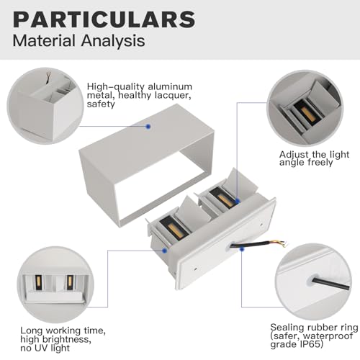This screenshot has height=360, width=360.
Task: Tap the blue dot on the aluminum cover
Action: tap(148, 125)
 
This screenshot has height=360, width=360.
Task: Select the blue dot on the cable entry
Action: tap(242, 248)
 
